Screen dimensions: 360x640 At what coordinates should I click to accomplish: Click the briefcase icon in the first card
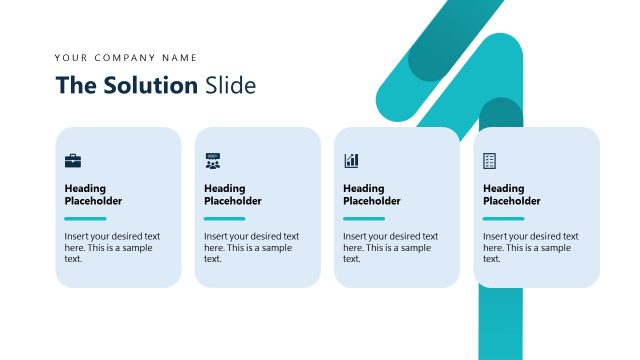(x=73, y=160)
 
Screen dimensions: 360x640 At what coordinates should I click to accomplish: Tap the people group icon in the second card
(x=212, y=160)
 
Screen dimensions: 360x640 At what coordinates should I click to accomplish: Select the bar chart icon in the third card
(x=351, y=160)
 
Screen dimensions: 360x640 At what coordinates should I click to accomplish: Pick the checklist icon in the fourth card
(x=490, y=160)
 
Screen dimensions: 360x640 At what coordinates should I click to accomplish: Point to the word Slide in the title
(x=230, y=85)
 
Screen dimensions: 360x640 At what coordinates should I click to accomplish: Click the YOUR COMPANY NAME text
(x=126, y=58)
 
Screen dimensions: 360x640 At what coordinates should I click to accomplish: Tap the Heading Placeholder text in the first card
(x=93, y=194)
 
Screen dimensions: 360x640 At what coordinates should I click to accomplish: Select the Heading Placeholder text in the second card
(x=232, y=194)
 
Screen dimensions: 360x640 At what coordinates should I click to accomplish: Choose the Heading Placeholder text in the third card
(x=371, y=194)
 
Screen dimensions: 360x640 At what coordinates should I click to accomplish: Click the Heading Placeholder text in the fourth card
(x=511, y=194)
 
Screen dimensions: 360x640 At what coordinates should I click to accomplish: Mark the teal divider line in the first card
(x=85, y=218)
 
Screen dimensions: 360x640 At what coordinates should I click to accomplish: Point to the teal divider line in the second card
(x=224, y=218)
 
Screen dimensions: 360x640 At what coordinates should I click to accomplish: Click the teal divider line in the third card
(x=364, y=218)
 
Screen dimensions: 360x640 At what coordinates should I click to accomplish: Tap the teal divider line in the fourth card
(x=503, y=218)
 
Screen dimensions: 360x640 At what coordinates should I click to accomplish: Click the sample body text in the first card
(x=112, y=247)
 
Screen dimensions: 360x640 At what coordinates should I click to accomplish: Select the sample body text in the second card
(x=251, y=247)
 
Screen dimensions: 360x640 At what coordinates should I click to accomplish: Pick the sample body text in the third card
(x=390, y=247)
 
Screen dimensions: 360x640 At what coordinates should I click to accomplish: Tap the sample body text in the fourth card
(x=530, y=247)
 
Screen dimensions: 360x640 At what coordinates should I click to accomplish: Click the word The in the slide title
(x=75, y=85)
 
